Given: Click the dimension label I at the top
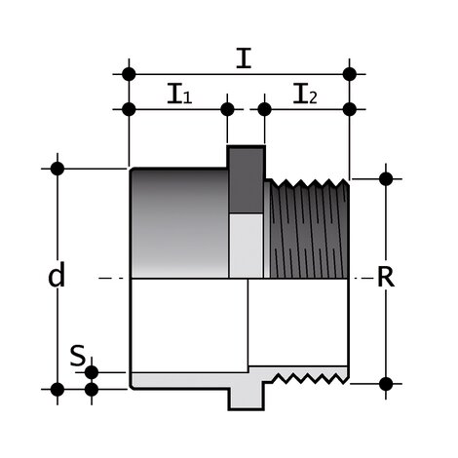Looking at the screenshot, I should pyautogui.click(x=244, y=57).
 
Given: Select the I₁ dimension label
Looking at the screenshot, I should pyautogui.click(x=178, y=95).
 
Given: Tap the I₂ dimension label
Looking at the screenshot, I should pyautogui.click(x=306, y=95).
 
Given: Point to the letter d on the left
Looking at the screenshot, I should pyautogui.click(x=57, y=277).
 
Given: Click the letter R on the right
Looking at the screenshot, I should pyautogui.click(x=386, y=277).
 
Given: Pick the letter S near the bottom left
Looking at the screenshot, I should pyautogui.click(x=77, y=356).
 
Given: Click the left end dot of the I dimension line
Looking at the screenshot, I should pyautogui.click(x=128, y=73).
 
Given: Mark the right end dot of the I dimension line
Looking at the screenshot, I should pyautogui.click(x=350, y=73).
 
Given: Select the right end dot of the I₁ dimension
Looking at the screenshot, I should pyautogui.click(x=228, y=108).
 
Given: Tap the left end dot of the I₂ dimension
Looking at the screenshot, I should pyautogui.click(x=264, y=108).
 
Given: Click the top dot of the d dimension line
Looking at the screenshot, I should pyautogui.click(x=57, y=169).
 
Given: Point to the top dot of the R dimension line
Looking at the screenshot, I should pyautogui.click(x=386, y=178).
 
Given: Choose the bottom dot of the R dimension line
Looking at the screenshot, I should pyautogui.click(x=386, y=383).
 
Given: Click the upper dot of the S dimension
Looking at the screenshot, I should pyautogui.click(x=92, y=372).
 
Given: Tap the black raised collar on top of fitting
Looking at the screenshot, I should pyautogui.click(x=246, y=175).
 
